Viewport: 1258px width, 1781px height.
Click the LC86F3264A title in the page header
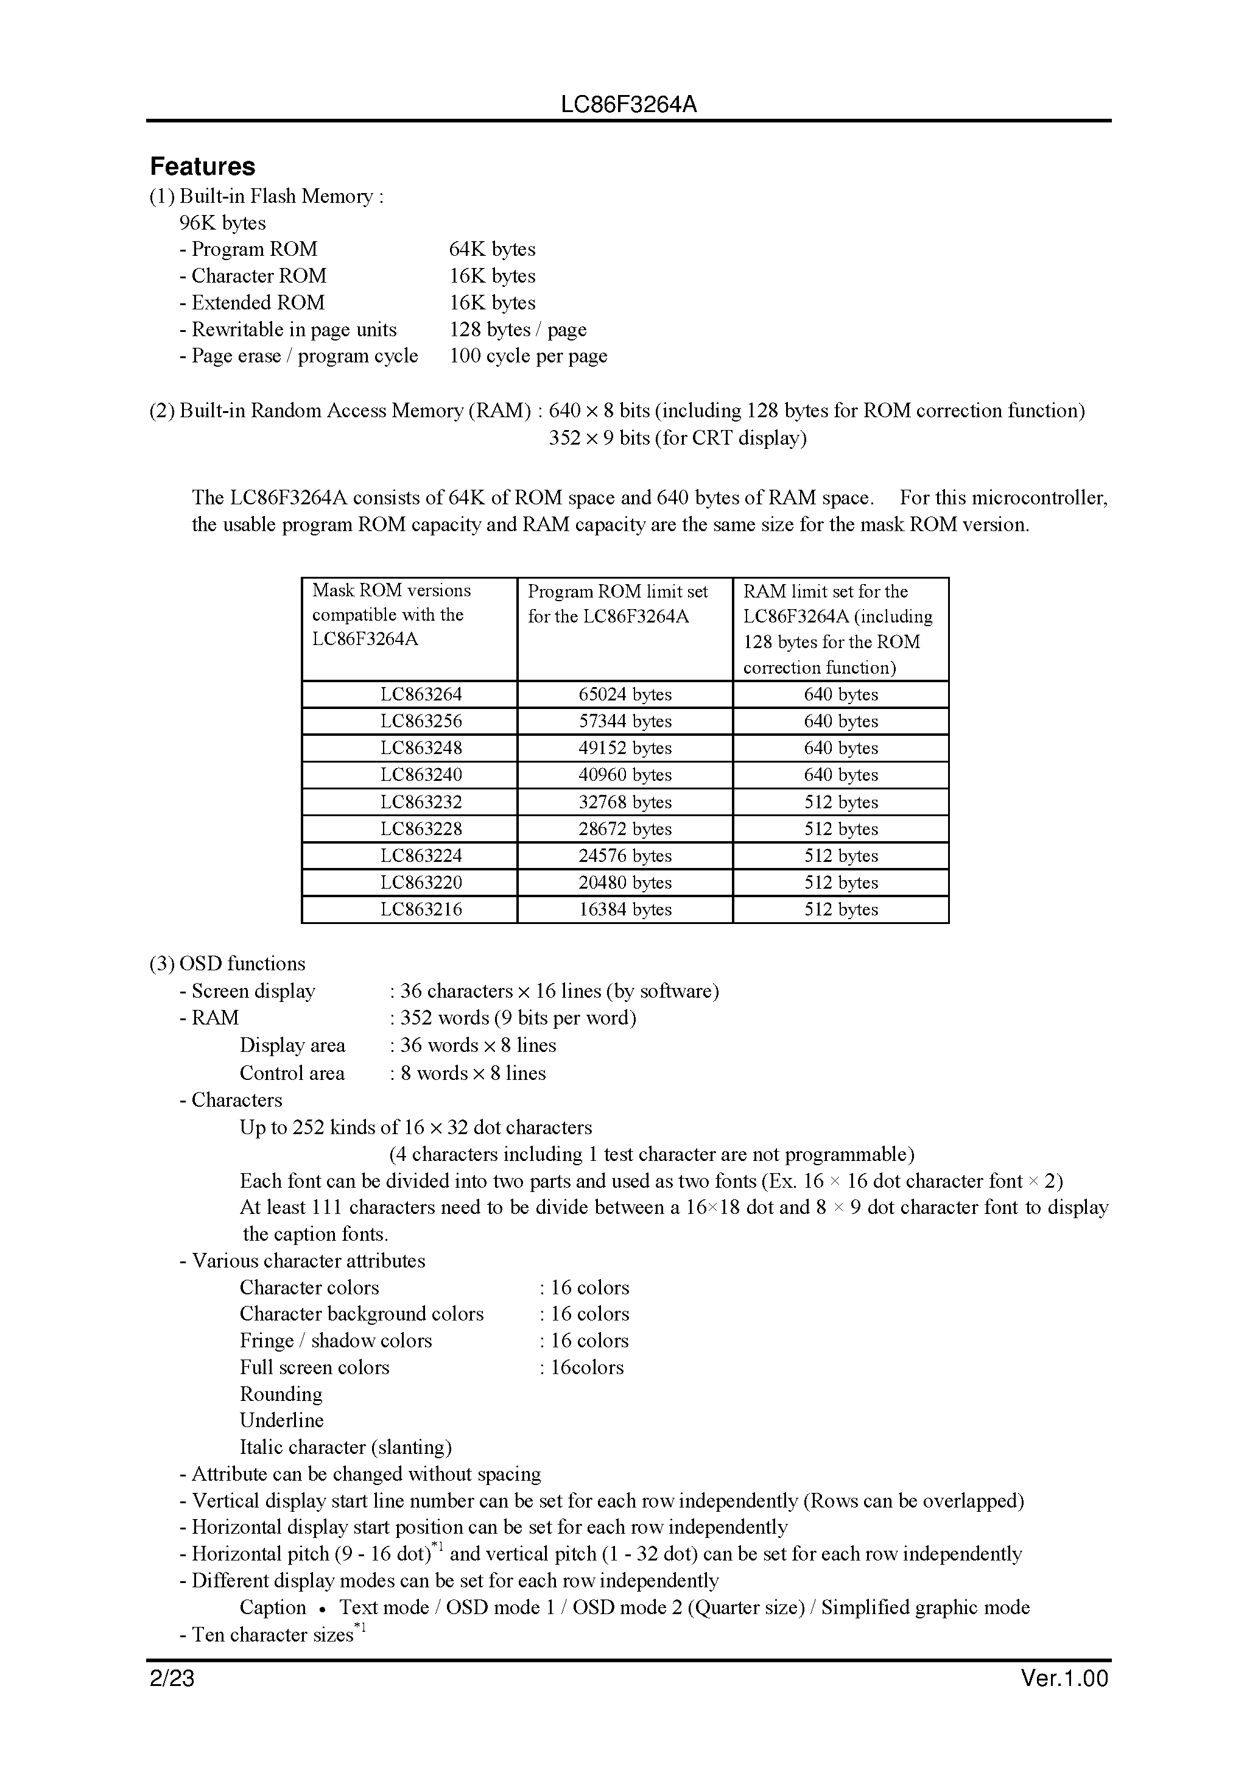tap(628, 105)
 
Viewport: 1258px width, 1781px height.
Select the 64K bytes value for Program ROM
tap(492, 249)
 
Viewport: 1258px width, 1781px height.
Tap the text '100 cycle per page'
tap(528, 356)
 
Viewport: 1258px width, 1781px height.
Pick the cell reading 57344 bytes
tap(624, 721)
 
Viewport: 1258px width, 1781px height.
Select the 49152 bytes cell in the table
tap(624, 749)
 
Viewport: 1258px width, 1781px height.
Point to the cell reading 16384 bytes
tap(624, 909)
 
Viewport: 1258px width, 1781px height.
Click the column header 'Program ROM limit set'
tap(617, 592)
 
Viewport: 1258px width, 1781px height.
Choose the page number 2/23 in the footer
tap(172, 1679)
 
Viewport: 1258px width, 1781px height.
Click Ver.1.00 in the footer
tap(1064, 1679)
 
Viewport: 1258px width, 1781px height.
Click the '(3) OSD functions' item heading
tap(227, 964)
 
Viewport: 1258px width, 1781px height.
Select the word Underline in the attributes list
tap(281, 1420)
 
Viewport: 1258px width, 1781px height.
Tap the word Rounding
tap(281, 1394)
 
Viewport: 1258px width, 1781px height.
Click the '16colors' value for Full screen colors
tap(586, 1367)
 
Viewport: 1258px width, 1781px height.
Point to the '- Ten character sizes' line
tap(272, 1635)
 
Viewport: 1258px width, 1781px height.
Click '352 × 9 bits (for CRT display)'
tap(677, 439)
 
